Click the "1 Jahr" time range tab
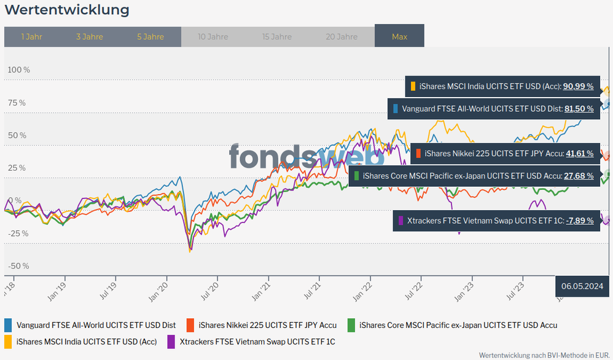31,37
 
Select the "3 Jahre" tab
90,37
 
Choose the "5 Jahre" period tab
150,37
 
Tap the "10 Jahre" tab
213,37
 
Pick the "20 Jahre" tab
342,37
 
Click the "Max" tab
399,37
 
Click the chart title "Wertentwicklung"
67,10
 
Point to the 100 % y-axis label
18,70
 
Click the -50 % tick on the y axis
18,266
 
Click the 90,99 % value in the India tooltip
578,87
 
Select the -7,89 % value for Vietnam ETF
579,220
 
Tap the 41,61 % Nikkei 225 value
579,154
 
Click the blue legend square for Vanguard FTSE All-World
9,325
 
